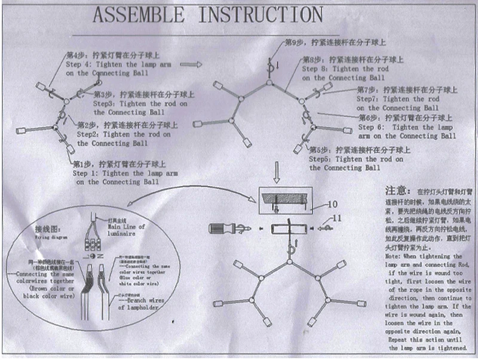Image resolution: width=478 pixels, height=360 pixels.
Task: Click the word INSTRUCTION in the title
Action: pos(260,14)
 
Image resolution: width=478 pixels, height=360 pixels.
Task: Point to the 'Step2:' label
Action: pos(89,135)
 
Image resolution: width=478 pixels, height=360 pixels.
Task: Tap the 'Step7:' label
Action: pos(368,99)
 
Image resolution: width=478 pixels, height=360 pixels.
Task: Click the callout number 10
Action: pos(332,204)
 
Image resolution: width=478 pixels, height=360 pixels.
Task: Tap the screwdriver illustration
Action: pos(224,228)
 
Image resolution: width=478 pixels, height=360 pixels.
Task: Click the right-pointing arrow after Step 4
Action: pos(190,63)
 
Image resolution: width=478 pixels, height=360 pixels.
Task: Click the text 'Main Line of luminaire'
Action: pos(127,230)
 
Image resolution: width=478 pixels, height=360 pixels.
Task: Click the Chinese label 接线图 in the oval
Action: pos(47,229)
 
